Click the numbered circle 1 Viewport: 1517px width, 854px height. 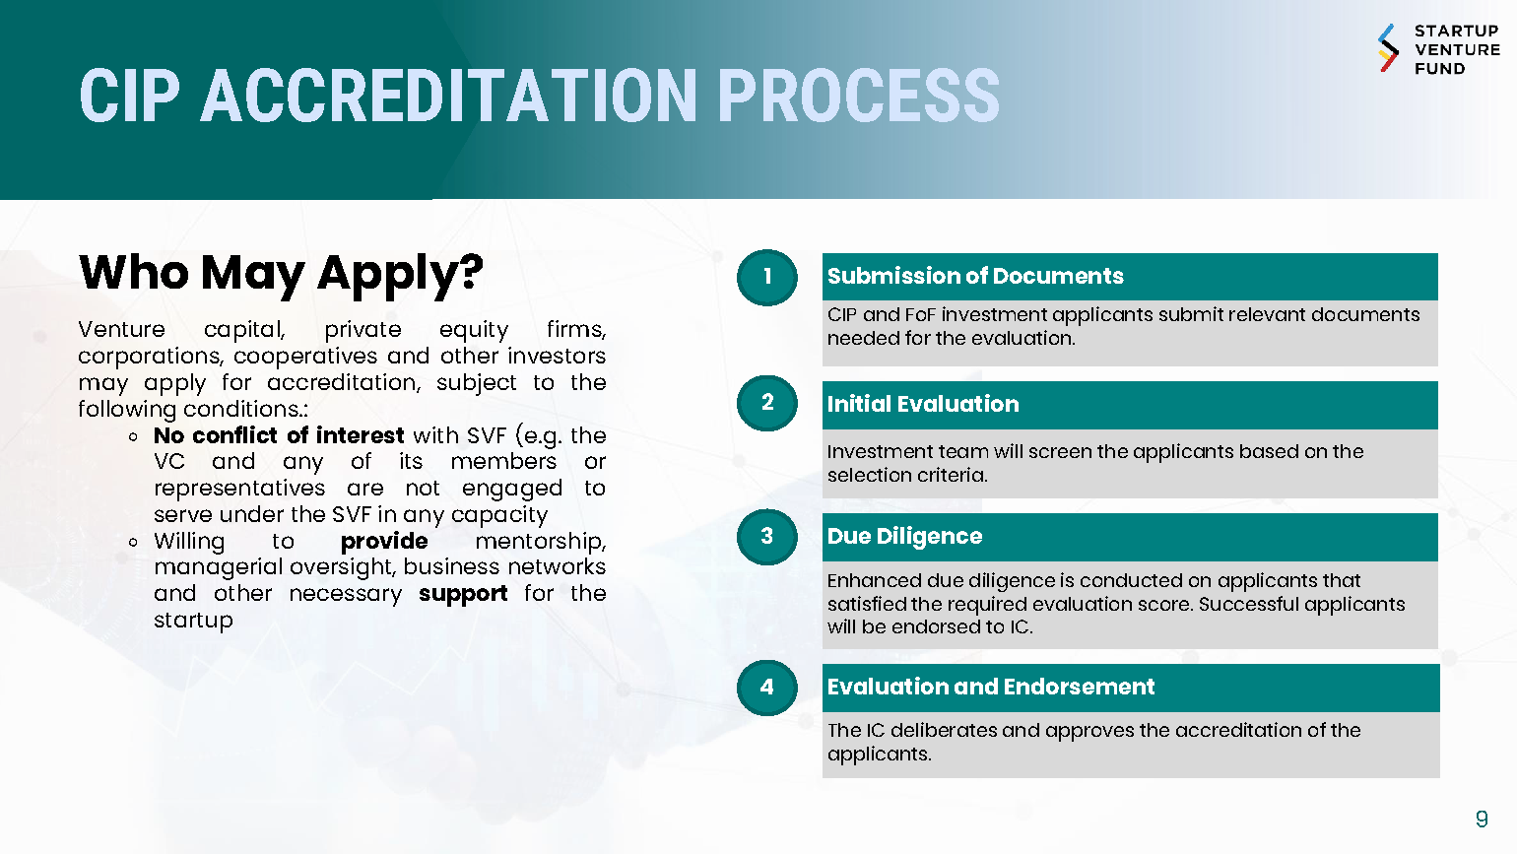(x=766, y=277)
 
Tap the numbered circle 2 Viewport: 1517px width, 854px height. (x=766, y=403)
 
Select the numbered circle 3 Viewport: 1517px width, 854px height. (x=766, y=537)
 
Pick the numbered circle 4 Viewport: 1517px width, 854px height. (x=766, y=688)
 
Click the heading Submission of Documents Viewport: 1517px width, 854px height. (x=975, y=276)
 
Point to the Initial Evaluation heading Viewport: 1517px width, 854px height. (x=923, y=404)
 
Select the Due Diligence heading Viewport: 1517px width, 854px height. (x=904, y=536)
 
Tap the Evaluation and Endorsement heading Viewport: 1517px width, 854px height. (x=991, y=687)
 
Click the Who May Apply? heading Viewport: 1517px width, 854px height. (x=281, y=273)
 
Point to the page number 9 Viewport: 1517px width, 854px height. (x=1482, y=819)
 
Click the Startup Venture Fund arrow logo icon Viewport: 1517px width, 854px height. (x=1388, y=48)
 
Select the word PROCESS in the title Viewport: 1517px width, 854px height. (x=858, y=96)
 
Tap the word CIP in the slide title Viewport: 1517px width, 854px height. (x=130, y=96)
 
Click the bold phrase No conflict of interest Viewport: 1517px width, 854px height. (x=279, y=434)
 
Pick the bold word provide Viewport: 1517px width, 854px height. (x=384, y=541)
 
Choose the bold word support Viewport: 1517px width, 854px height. (x=463, y=594)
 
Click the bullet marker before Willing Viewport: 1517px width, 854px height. (x=133, y=542)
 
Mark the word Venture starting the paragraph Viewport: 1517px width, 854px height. (x=122, y=329)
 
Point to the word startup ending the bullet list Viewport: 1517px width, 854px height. (x=194, y=620)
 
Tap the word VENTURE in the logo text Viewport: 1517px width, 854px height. (x=1458, y=49)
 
